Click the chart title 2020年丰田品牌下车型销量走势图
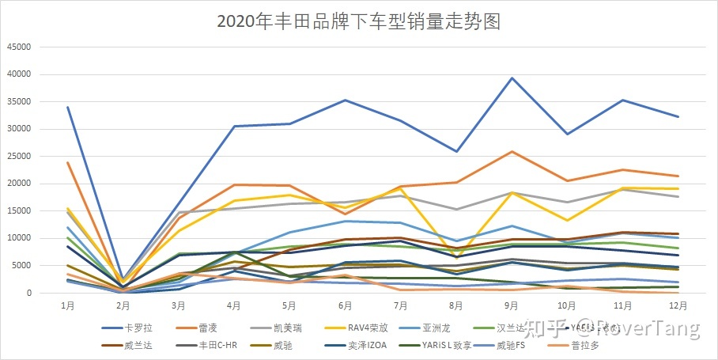pyautogui.click(x=358, y=21)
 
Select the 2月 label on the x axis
pyautogui.click(x=122, y=305)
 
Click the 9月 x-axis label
pyautogui.click(x=512, y=305)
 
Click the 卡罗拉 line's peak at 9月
pyautogui.click(x=512, y=78)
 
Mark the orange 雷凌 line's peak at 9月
pyautogui.click(x=512, y=151)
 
